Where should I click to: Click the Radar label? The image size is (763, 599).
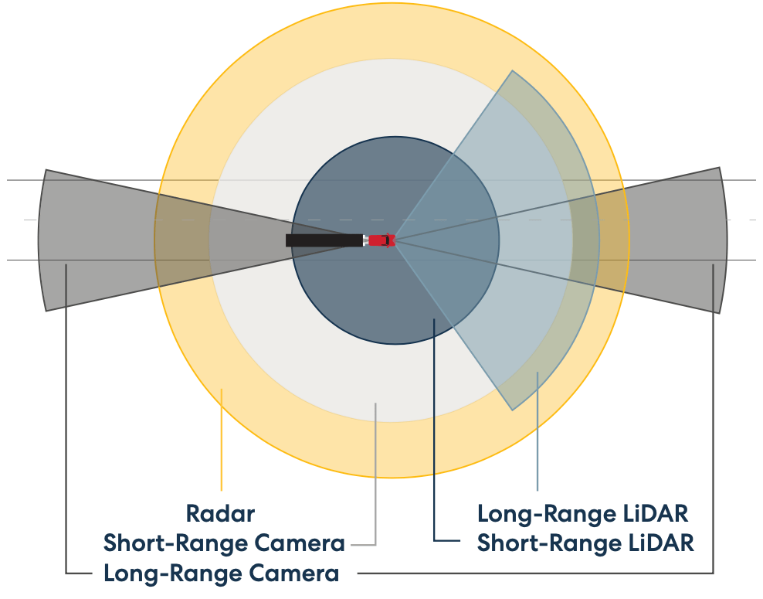point(220,512)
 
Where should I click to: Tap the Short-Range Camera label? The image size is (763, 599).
point(224,543)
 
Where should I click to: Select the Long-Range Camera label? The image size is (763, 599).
point(221,573)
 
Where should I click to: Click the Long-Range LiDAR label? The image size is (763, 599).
point(582,513)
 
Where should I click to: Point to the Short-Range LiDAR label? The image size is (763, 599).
point(585,543)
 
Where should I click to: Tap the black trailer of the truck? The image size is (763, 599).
point(324,240)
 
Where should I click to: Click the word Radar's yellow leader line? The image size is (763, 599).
point(222,441)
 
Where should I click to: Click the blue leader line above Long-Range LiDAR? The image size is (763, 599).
point(537,433)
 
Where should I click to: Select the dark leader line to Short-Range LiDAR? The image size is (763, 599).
point(435,433)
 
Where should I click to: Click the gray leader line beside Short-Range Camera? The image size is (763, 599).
point(375,479)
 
